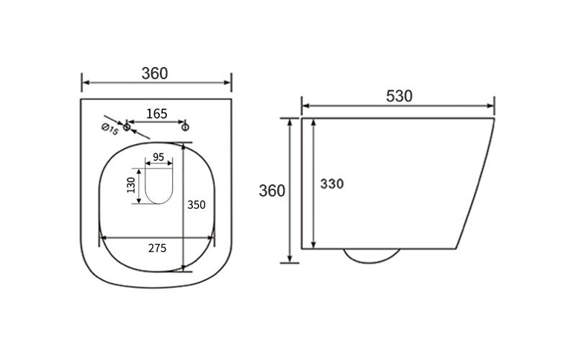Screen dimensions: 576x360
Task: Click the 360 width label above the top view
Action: (x=155, y=73)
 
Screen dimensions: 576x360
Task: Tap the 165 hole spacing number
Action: (x=157, y=114)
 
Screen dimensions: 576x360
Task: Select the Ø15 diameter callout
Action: (x=110, y=129)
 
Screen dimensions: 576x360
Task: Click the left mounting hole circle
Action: (x=127, y=127)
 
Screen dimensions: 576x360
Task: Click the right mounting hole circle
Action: (x=186, y=127)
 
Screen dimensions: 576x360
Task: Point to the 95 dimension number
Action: (x=158, y=157)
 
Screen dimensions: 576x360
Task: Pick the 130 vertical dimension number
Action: (x=131, y=185)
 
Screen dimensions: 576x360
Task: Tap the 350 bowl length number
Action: (x=197, y=204)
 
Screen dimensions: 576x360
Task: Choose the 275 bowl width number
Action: (x=157, y=248)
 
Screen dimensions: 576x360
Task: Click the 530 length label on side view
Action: (x=399, y=96)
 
